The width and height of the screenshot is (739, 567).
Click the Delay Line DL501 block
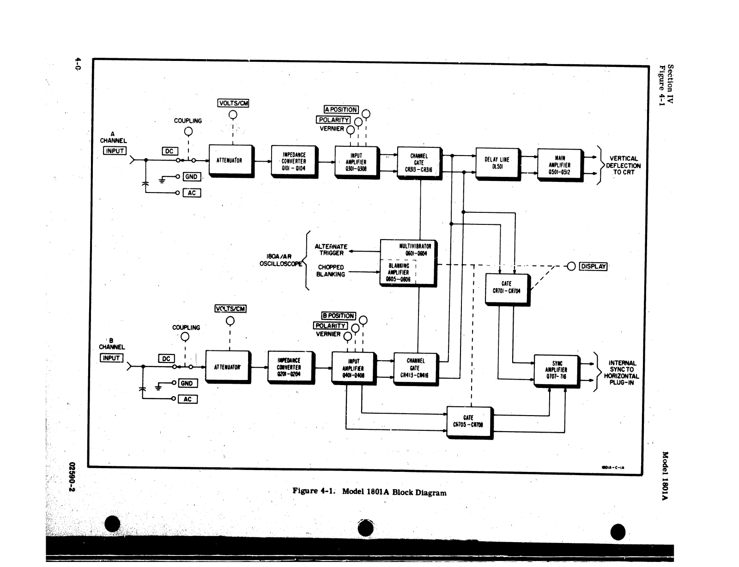[x=497, y=163]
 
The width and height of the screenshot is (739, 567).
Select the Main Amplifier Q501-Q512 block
[x=559, y=165]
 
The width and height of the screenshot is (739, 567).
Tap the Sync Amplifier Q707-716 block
[x=556, y=370]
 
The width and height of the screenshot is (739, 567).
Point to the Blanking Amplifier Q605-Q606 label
[x=398, y=272]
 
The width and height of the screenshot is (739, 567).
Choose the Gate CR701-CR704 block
[x=506, y=288]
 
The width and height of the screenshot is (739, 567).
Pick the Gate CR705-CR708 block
[x=468, y=421]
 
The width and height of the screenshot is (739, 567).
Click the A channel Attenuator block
[x=230, y=160]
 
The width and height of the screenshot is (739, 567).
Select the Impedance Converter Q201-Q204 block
[x=289, y=367]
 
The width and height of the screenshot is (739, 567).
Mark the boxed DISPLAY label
[x=593, y=266]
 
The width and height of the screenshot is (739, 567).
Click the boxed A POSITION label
[x=341, y=109]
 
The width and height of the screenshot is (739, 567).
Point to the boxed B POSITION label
[x=338, y=316]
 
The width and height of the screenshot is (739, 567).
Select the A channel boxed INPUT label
[x=114, y=151]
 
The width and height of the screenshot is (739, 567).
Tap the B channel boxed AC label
[x=187, y=399]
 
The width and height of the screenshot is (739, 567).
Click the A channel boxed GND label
[x=191, y=177]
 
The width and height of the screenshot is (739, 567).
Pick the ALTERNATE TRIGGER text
[x=331, y=250]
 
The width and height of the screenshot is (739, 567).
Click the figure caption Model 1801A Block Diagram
[x=369, y=492]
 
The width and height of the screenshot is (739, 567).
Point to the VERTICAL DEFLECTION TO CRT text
[x=623, y=165]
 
